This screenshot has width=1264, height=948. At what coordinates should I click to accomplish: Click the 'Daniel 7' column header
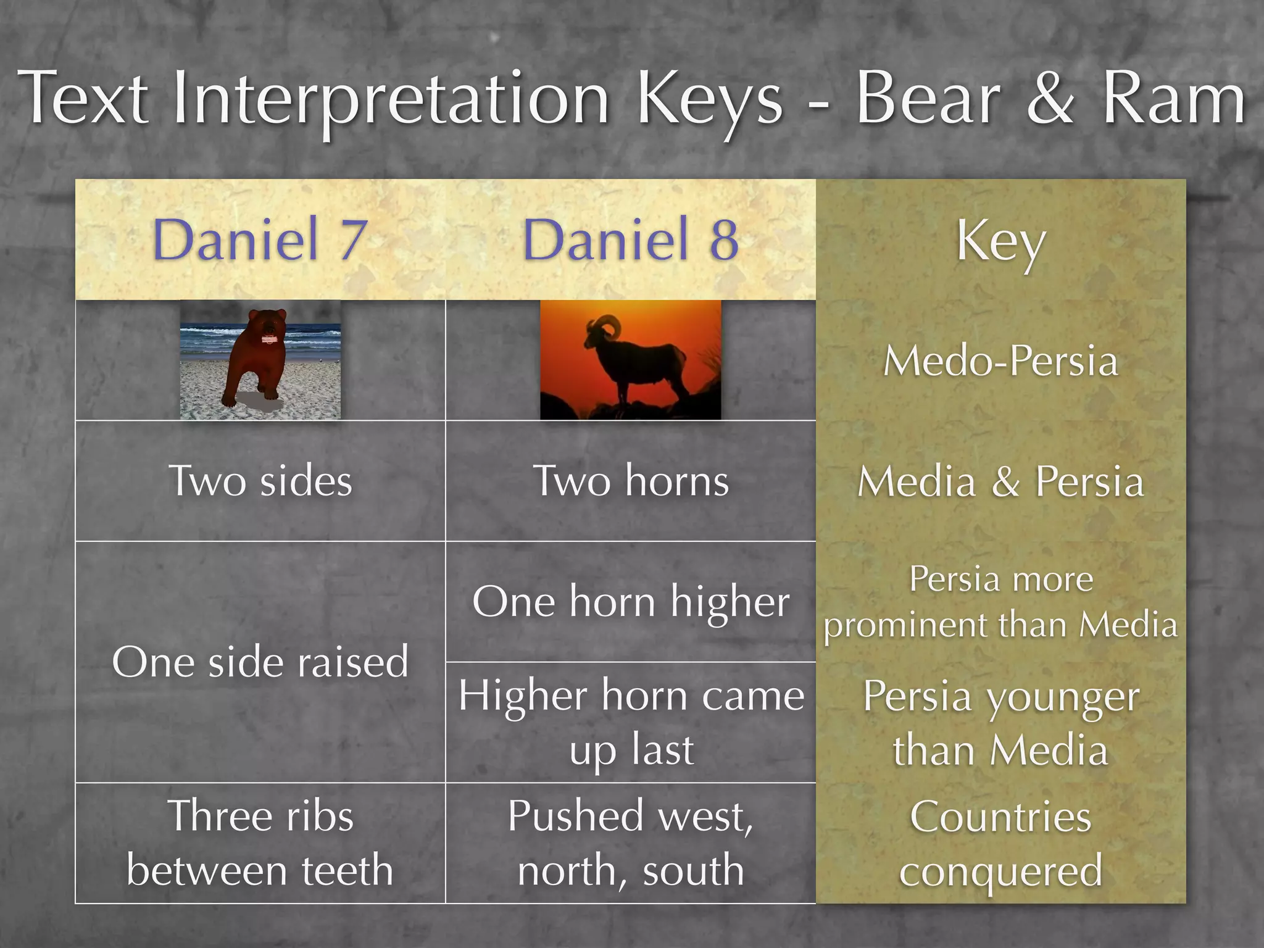coord(260,239)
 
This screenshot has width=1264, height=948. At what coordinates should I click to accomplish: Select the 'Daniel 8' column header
coord(630,239)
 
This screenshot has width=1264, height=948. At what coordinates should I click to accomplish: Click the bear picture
coord(260,360)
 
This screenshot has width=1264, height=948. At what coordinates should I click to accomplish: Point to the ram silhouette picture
coord(630,360)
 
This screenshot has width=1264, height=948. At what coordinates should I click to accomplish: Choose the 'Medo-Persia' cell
coord(1000,360)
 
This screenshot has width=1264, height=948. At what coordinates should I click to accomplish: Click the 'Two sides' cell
coord(260,481)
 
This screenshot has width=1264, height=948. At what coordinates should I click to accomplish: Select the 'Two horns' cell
coord(630,481)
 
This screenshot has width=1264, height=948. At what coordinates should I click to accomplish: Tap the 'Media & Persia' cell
coord(1000,481)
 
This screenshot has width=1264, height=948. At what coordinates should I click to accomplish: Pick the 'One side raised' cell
coord(260,662)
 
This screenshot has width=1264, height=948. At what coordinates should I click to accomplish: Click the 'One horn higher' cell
coord(630,602)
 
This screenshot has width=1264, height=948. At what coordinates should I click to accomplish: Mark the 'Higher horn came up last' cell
coord(630,722)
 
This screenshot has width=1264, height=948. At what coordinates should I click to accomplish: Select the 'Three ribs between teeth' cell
coord(260,843)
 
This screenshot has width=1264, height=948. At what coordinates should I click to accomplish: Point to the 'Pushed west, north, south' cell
coord(630,843)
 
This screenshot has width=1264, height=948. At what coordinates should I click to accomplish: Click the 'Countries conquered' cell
coord(1000,843)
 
